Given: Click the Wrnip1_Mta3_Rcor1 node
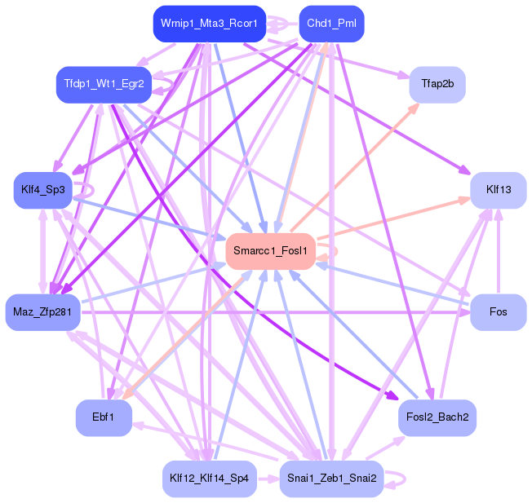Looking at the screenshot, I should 209,24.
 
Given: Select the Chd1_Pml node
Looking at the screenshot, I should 331,24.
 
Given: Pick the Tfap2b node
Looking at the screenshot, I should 437,84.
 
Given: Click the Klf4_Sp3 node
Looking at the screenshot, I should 43,189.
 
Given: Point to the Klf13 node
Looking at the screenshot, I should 498,189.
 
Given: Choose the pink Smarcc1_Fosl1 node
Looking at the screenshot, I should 270,250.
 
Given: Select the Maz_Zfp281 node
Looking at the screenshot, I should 42,312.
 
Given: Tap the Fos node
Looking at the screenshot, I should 498,312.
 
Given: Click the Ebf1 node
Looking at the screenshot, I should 104,417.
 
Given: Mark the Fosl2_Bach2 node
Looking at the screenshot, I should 437,417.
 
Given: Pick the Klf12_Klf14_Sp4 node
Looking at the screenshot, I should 210,479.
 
